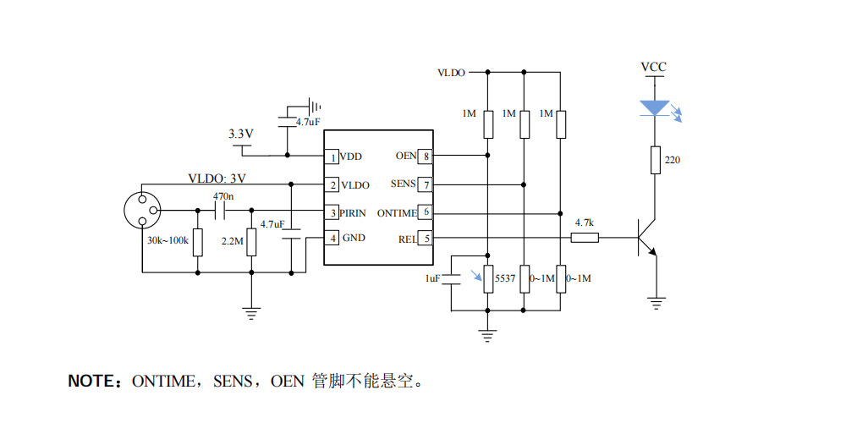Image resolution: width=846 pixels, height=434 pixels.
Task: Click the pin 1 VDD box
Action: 333,157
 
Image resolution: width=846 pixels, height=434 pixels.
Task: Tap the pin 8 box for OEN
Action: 426,156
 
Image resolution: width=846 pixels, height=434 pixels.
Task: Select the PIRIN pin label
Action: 354,212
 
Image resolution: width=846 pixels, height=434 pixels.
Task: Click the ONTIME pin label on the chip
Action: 397,212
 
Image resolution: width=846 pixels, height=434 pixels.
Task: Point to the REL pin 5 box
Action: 426,239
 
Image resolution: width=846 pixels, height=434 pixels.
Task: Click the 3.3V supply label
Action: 241,134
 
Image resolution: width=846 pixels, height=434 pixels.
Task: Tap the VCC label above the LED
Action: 653,67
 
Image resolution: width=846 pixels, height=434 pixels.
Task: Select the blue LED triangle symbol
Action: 655,108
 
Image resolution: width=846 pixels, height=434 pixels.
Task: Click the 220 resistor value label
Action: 673,160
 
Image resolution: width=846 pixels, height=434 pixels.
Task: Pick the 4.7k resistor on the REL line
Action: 585,239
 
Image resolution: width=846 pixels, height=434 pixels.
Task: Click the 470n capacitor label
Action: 223,196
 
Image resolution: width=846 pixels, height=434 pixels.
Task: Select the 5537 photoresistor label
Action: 505,277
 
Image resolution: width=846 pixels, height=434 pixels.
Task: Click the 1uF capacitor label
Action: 432,277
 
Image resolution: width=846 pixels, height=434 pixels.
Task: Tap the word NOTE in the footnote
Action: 91,382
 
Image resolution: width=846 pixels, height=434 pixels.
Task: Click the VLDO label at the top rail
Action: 451,74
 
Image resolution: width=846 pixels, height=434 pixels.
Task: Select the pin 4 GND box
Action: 333,239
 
